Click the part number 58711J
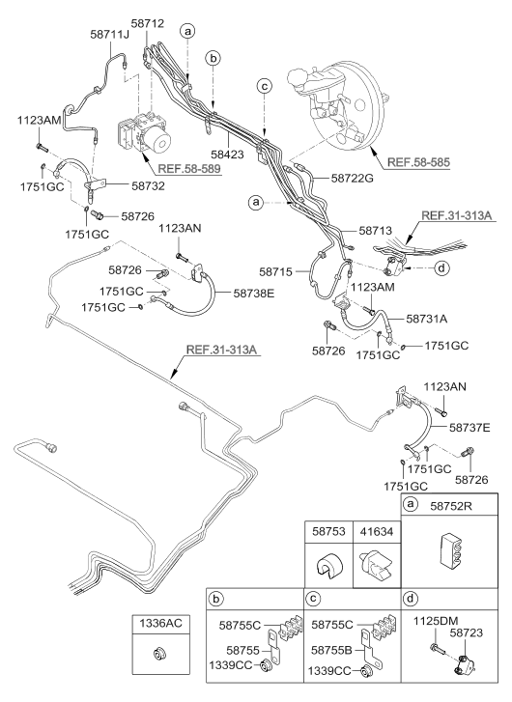(x=109, y=34)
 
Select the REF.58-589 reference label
(x=189, y=169)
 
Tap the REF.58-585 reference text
(x=418, y=161)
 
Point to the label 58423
(x=228, y=154)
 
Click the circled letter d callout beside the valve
(x=442, y=268)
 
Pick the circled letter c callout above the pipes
(x=265, y=86)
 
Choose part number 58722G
(x=352, y=179)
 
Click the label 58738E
(x=253, y=294)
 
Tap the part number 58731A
(x=426, y=319)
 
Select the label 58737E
(x=469, y=428)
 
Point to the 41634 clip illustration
(x=377, y=565)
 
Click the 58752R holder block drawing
(x=449, y=552)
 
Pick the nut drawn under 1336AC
(x=157, y=655)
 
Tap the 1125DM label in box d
(x=436, y=621)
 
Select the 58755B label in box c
(x=331, y=650)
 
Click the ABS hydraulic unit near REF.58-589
(x=144, y=132)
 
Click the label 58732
(x=148, y=185)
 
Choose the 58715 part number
(x=275, y=271)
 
